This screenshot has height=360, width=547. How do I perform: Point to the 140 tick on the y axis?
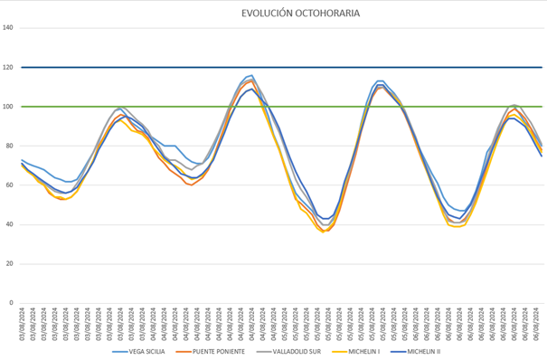click(8, 27)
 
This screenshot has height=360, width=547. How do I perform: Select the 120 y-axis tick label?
click(8, 67)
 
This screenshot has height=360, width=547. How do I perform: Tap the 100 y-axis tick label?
click(8, 107)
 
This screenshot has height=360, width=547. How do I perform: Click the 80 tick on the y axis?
click(10, 146)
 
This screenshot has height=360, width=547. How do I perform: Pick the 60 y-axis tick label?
click(10, 185)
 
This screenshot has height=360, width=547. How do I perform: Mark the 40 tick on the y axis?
click(10, 224)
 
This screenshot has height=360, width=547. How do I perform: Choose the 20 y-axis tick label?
click(10, 264)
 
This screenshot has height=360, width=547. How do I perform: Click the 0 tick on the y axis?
click(12, 303)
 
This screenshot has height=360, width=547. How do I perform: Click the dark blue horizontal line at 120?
click(271, 67)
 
